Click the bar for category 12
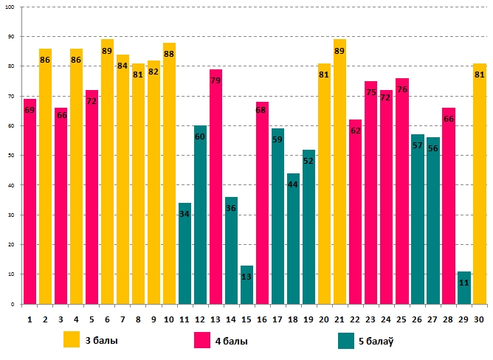(x=200, y=215)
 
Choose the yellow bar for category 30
(x=480, y=184)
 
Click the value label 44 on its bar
(x=293, y=184)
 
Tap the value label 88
(x=169, y=54)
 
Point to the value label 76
(x=402, y=89)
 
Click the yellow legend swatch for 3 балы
(x=72, y=340)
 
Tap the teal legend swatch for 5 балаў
(x=346, y=340)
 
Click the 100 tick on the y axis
(x=10, y=7)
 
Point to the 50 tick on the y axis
(x=11, y=155)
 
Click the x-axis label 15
(x=246, y=319)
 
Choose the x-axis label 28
(x=448, y=319)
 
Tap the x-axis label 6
(x=107, y=319)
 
